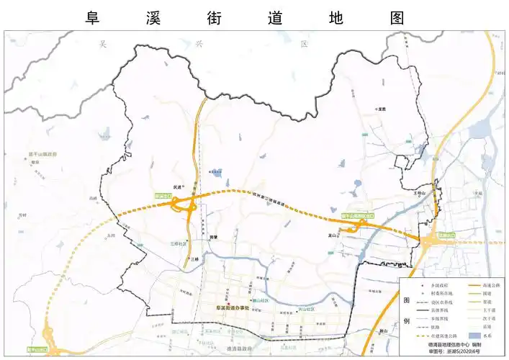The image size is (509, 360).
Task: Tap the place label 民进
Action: point(179,186)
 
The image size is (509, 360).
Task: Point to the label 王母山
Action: point(420,193)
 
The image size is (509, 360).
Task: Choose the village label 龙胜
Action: point(381,109)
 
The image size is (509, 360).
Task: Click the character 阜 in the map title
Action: point(91,17)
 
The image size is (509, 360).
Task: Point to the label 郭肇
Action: point(214,236)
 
